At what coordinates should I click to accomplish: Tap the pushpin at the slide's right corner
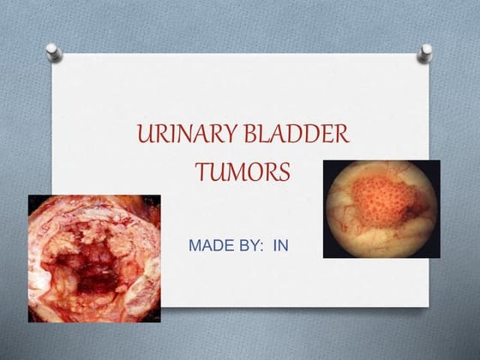pyautogui.click(x=424, y=53)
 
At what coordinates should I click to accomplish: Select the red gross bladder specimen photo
pyautogui.click(x=94, y=258)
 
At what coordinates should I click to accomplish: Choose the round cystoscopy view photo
pyautogui.click(x=381, y=208)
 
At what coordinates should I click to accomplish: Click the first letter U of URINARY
pyautogui.click(x=142, y=135)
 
